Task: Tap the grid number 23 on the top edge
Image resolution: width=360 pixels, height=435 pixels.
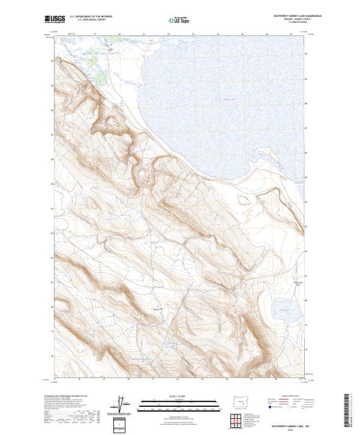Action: pyautogui.click(x=194, y=35)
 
